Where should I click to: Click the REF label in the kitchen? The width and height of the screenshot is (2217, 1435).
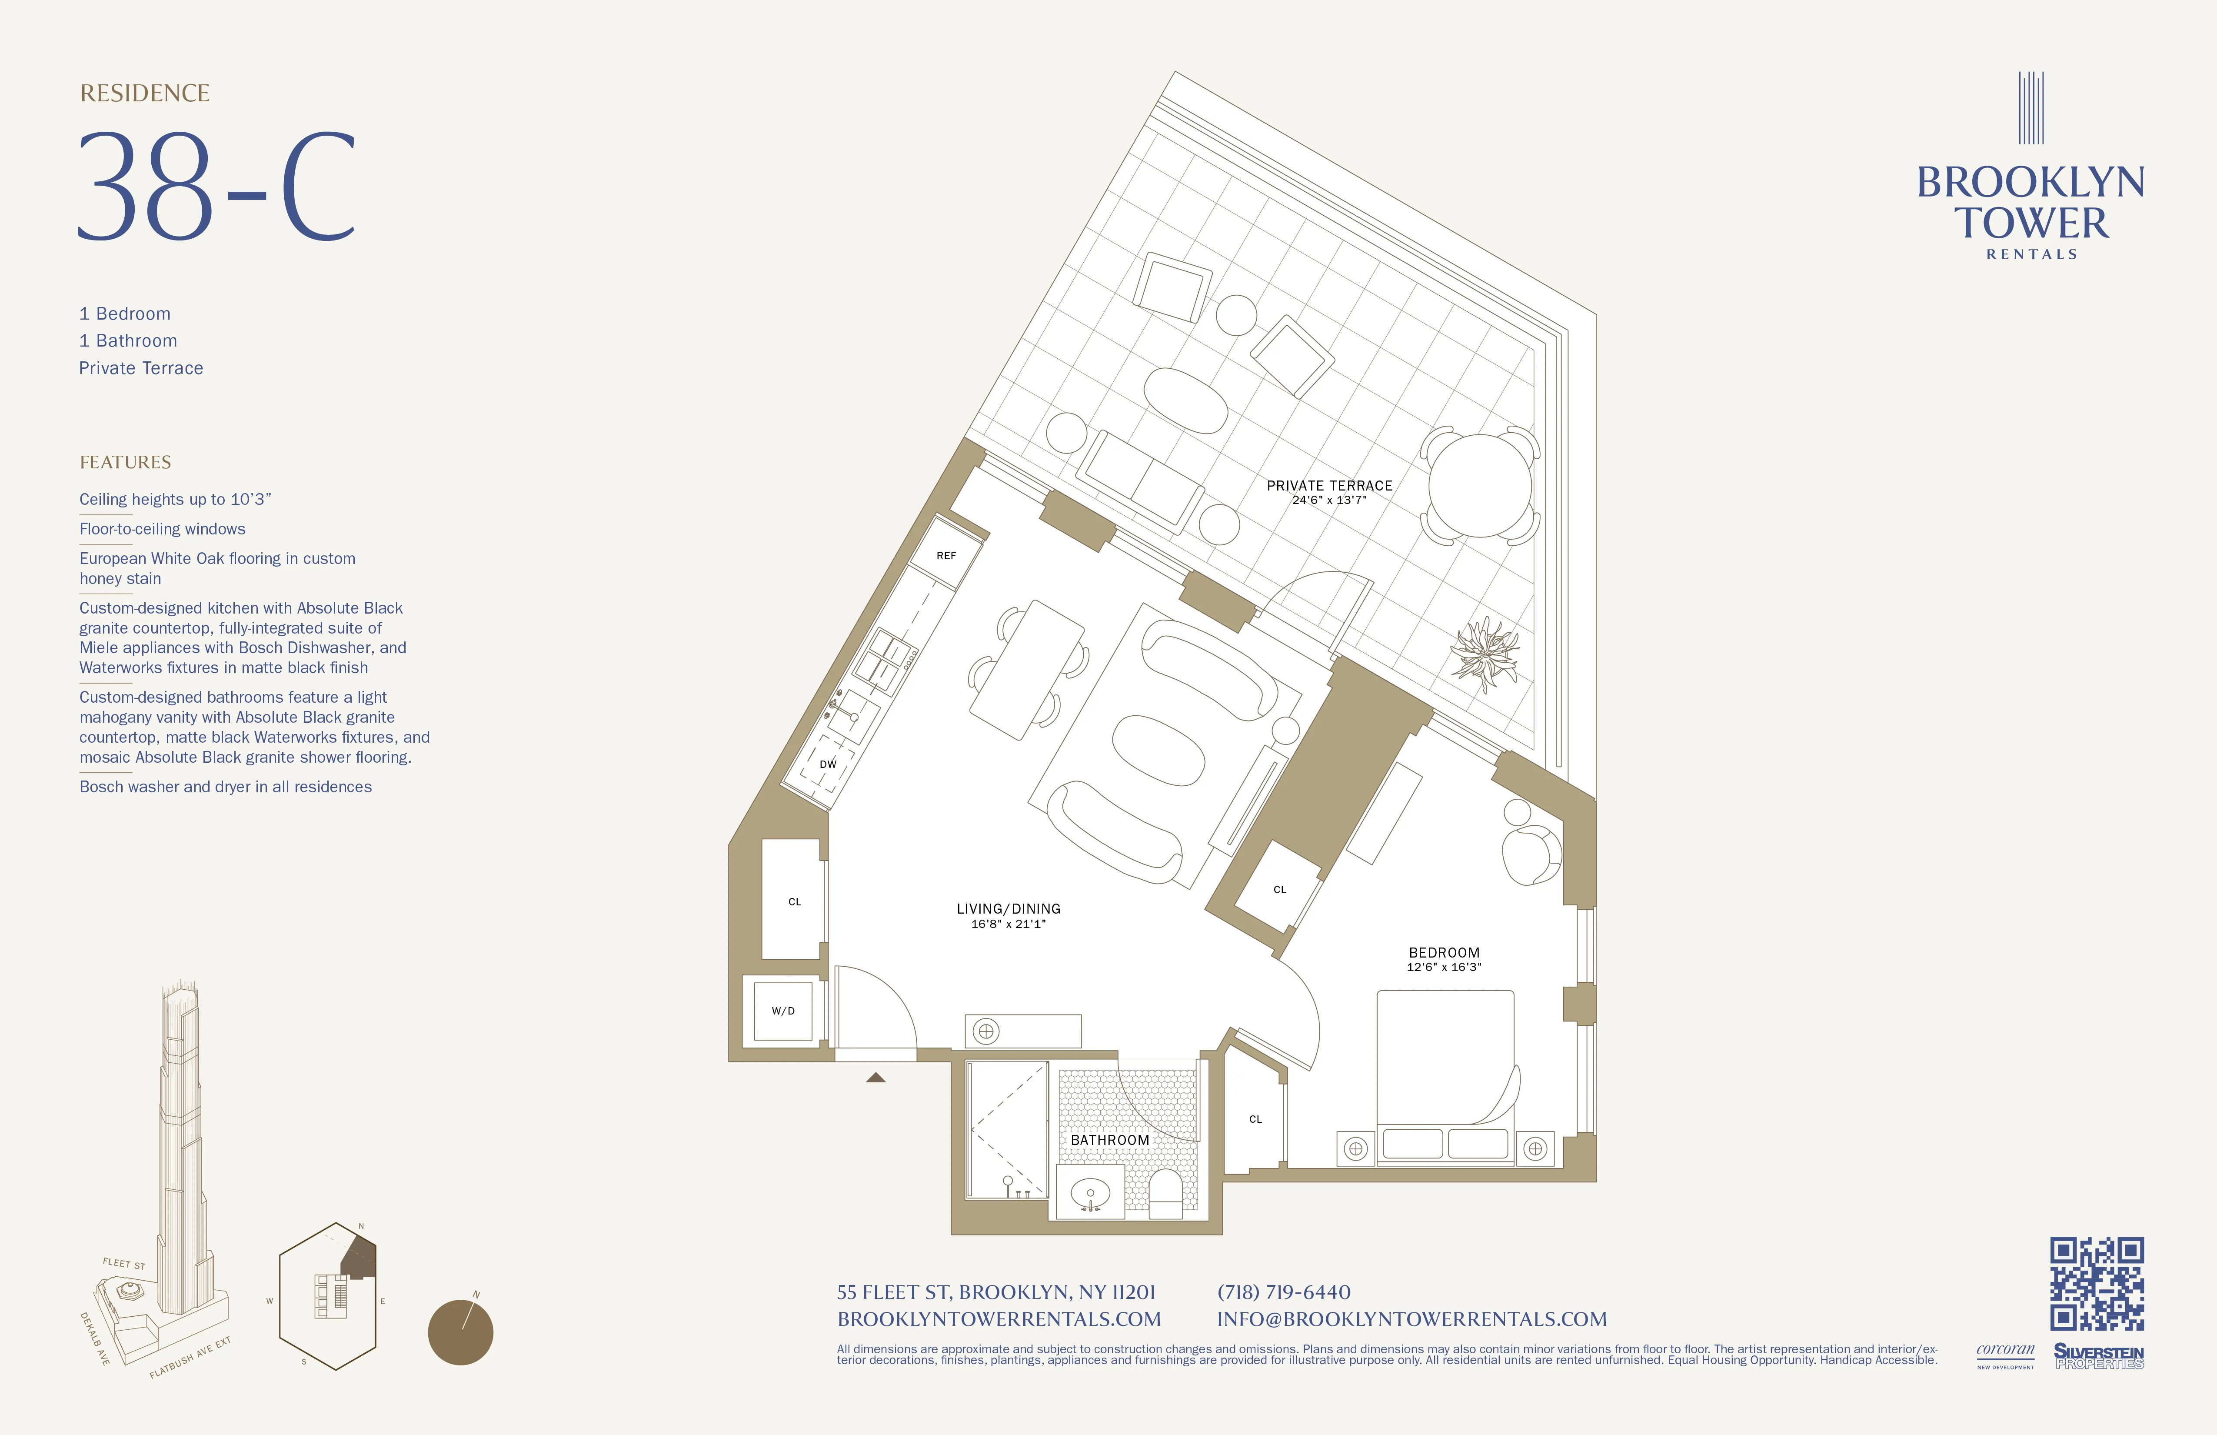click(945, 555)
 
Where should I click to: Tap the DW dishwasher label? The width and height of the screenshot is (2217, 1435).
click(827, 764)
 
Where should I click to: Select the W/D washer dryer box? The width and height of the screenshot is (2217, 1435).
click(782, 1011)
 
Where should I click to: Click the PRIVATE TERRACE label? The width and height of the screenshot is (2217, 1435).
click(1329, 485)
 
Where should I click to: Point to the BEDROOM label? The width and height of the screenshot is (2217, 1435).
click(1444, 952)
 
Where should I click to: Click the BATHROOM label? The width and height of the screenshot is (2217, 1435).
click(1109, 1140)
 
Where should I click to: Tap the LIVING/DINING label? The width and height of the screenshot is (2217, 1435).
click(1008, 908)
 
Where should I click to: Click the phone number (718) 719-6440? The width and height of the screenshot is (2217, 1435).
click(1284, 1292)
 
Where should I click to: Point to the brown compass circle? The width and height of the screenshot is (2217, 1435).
click(460, 1332)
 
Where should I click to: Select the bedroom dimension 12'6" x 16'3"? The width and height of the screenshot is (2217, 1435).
click(1444, 967)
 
